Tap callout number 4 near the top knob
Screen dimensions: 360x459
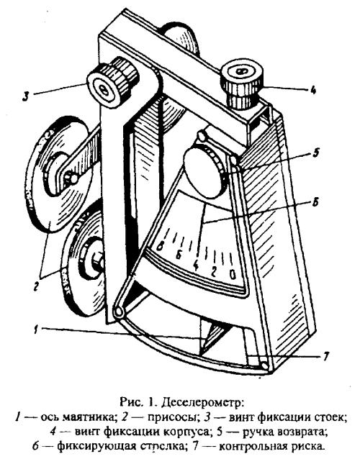[312, 90]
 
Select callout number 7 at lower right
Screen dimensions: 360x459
[326, 357]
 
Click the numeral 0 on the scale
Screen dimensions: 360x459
[233, 275]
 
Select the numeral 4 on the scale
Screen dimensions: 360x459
[196, 265]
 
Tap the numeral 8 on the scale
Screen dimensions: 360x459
[160, 247]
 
